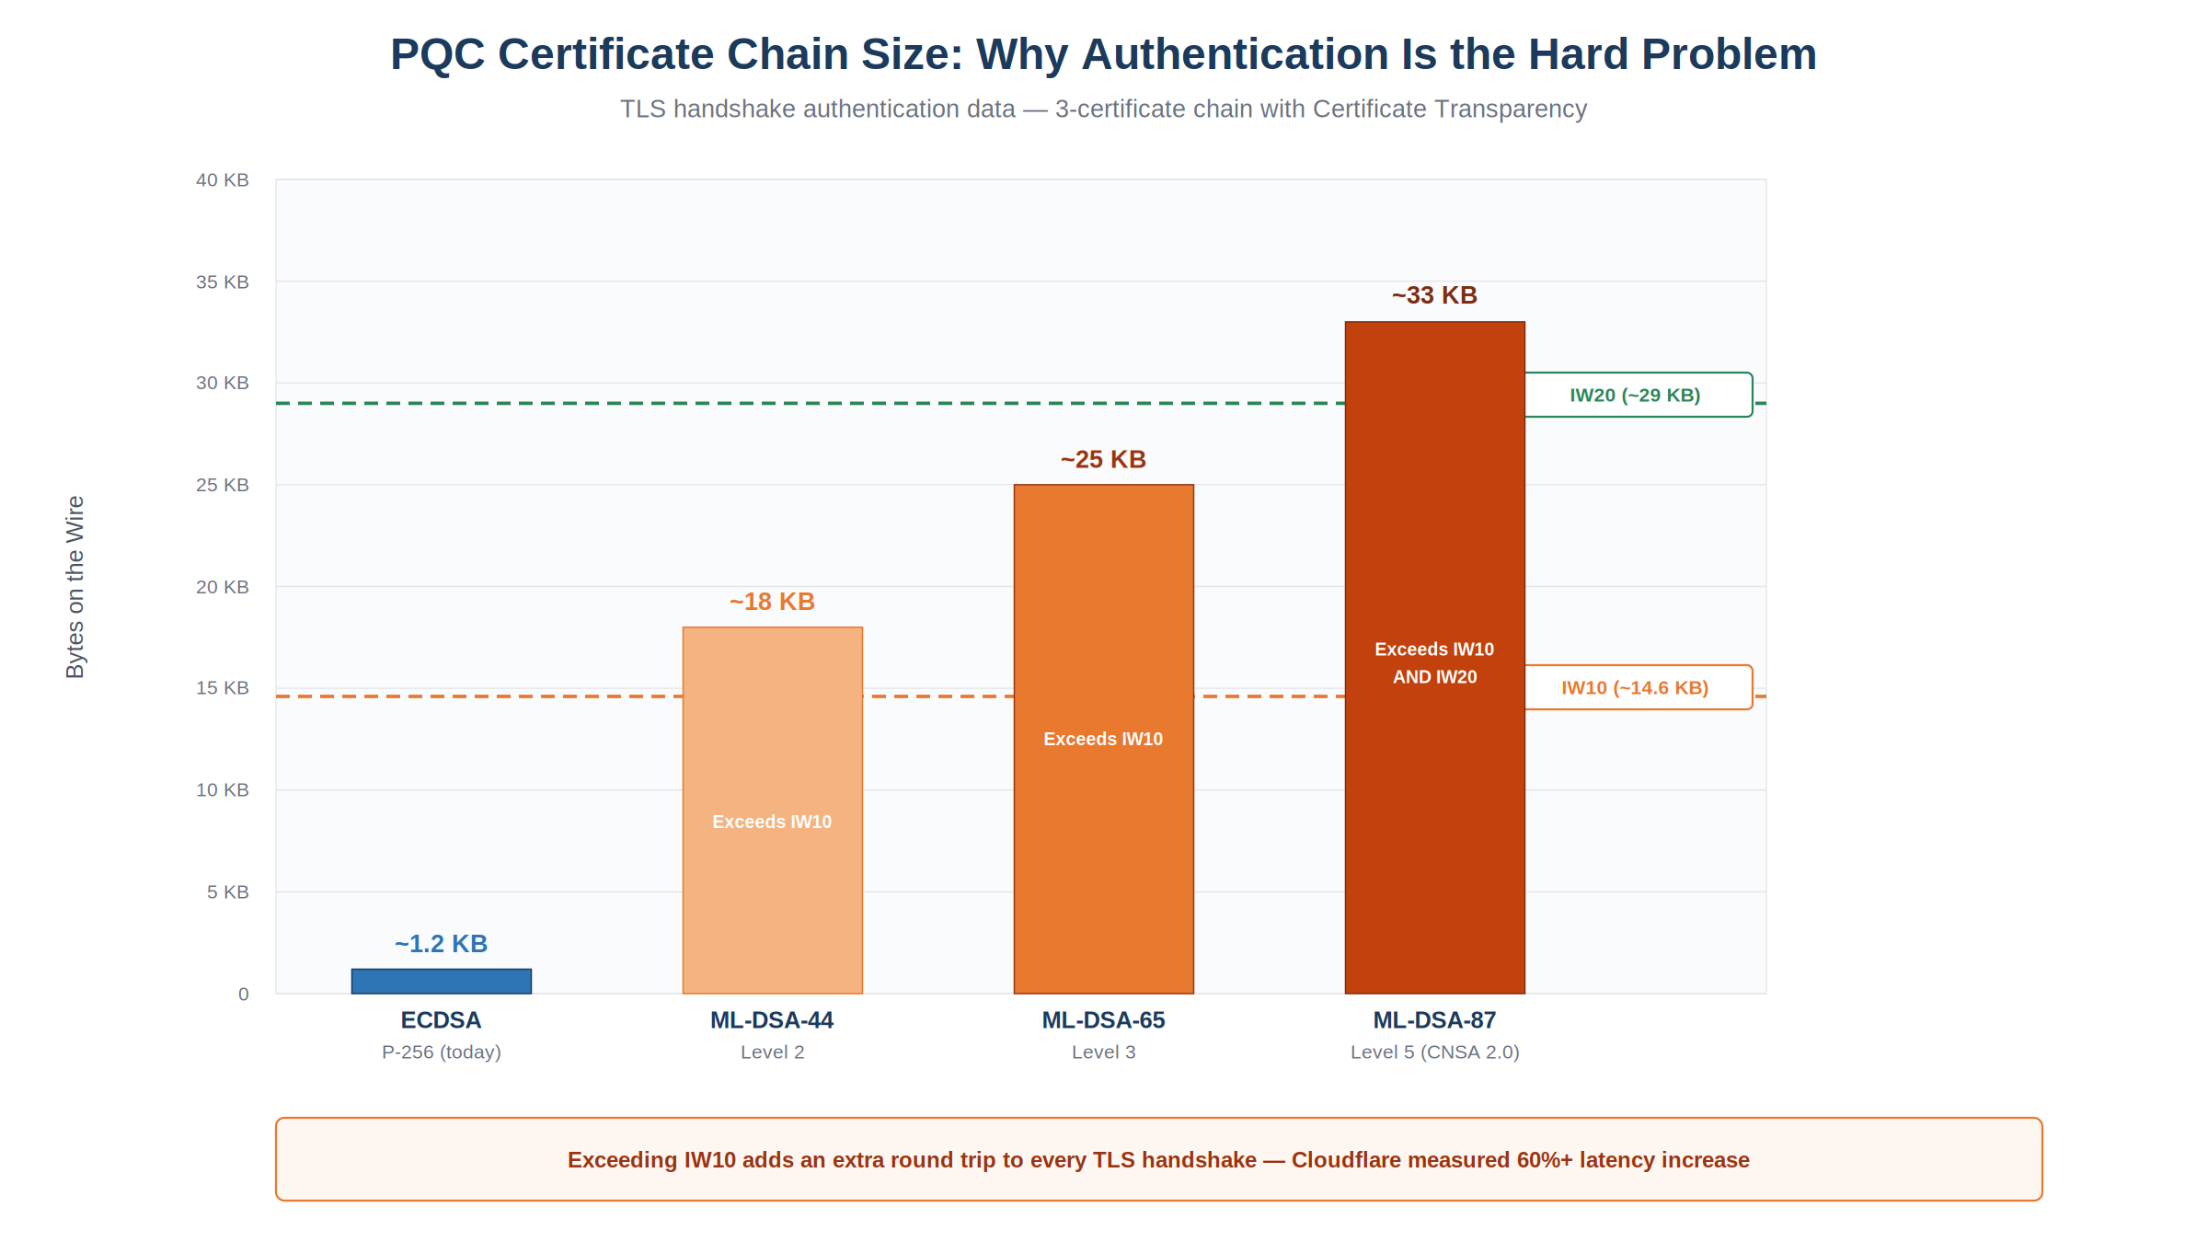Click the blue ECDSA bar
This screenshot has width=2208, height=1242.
point(442,981)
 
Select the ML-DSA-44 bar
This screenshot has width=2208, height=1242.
point(773,811)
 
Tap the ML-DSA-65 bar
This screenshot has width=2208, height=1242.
point(1104,739)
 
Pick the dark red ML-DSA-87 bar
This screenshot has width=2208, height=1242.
point(1435,658)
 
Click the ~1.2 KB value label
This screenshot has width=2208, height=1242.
point(442,944)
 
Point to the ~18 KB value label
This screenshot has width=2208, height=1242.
point(773,602)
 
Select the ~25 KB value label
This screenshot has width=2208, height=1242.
point(1104,459)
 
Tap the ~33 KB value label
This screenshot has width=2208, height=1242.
point(1435,295)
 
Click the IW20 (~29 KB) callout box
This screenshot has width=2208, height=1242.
point(1639,395)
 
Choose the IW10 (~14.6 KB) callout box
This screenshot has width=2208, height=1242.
point(1639,687)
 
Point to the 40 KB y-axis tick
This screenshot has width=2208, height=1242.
point(223,180)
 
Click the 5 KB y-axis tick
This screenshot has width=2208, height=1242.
point(228,891)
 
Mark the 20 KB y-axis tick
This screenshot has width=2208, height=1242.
point(223,587)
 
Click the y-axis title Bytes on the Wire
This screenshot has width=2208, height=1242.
point(75,587)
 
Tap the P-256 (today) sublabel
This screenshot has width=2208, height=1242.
point(442,1052)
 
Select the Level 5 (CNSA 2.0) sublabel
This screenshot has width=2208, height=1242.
point(1435,1052)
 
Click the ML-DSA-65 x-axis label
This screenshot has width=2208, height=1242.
point(1104,1020)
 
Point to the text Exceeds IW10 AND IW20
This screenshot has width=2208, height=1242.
point(1435,663)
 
